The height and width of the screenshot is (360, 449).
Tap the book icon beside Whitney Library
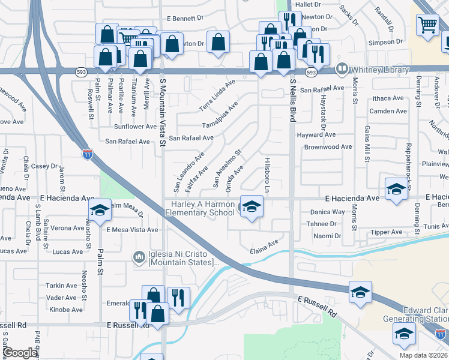pyautogui.click(x=342, y=68)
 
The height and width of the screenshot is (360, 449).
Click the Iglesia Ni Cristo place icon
pyautogui.click(x=139, y=257)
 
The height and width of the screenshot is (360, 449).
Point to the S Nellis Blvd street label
pyautogui.click(x=293, y=100)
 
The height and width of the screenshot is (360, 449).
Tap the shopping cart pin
pyautogui.click(x=428, y=25)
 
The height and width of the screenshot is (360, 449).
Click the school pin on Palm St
pyautogui.click(x=100, y=210)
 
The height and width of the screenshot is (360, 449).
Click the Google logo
pyautogui.click(x=20, y=353)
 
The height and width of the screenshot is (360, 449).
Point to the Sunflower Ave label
pyautogui.click(x=135, y=127)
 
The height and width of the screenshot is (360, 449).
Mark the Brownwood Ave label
pyautogui.click(x=328, y=147)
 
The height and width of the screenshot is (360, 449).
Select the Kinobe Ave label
pyautogui.click(x=65, y=310)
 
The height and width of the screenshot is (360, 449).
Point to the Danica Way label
pyautogui.click(x=327, y=212)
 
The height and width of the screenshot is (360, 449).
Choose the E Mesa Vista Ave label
pyautogui.click(x=132, y=230)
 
